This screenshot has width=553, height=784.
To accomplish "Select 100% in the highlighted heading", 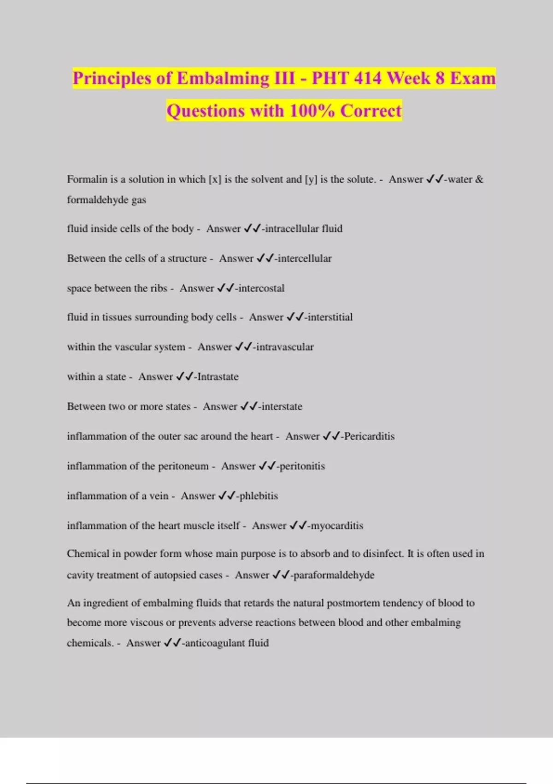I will coord(312,111).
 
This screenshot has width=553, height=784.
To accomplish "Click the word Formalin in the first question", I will coord(87,179).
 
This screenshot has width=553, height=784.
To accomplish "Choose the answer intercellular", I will coord(305,259).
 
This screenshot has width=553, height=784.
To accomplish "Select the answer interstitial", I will coord(330,317).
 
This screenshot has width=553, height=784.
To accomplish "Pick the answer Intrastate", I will coord(218,377).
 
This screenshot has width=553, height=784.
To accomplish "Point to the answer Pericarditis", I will coord(369,436).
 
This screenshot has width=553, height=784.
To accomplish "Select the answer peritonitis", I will coord(302,466).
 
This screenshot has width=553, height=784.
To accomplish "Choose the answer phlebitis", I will coord(259,496).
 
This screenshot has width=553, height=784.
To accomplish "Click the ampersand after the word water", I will coord(479,179).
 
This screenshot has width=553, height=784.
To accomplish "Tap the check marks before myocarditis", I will coord(298,526).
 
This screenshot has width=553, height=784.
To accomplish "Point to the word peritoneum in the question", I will coord(183,466).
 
